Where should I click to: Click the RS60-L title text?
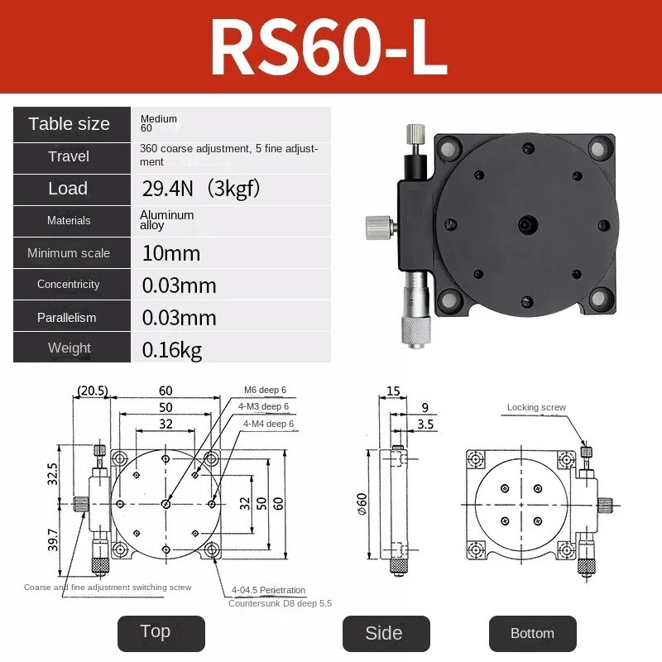tap(329, 47)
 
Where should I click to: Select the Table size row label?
tap(70, 124)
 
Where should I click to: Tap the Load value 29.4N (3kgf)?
tap(201, 189)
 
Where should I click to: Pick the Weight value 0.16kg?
tap(172, 349)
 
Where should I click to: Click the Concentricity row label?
tap(69, 285)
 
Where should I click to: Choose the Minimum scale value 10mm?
tap(171, 253)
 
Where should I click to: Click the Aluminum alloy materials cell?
tap(167, 220)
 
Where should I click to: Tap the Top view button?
tap(155, 632)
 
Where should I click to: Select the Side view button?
tap(384, 633)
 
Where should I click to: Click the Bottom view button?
tap(532, 633)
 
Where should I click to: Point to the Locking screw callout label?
tap(536, 407)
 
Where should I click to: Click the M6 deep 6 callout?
tap(265, 390)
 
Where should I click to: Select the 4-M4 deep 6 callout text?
tap(268, 424)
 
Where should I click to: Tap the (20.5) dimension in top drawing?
tap(92, 390)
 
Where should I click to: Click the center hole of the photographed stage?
tap(526, 223)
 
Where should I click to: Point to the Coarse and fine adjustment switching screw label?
tap(108, 587)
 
